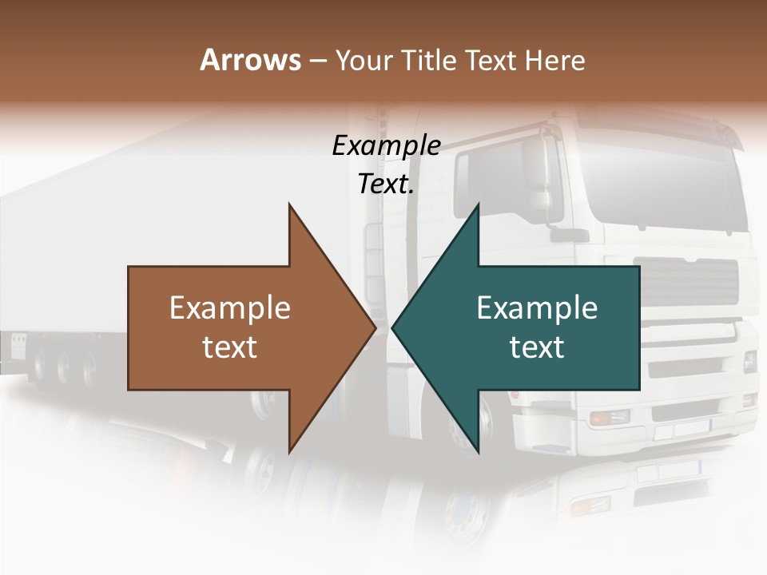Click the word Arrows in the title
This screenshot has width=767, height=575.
pyautogui.click(x=249, y=60)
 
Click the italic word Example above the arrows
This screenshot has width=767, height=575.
pyautogui.click(x=386, y=145)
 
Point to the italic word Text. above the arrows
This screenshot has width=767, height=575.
pyautogui.click(x=386, y=184)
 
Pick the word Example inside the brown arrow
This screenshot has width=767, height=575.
pyautogui.click(x=230, y=308)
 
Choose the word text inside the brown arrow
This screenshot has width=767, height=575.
pyautogui.click(x=230, y=347)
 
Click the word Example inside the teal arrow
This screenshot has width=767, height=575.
pyautogui.click(x=537, y=308)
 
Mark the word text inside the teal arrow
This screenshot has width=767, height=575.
pyautogui.click(x=537, y=347)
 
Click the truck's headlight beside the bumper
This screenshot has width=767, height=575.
pyautogui.click(x=610, y=417)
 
